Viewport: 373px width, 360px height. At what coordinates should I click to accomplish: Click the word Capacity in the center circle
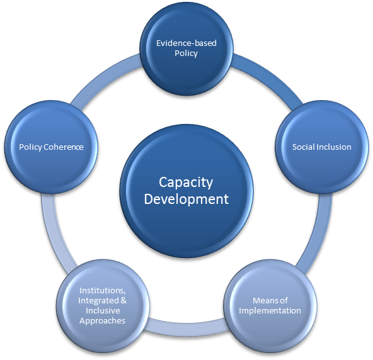[186, 183]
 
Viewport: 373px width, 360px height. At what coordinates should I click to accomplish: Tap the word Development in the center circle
[186, 200]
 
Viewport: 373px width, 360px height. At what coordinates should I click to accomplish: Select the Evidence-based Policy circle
[186, 48]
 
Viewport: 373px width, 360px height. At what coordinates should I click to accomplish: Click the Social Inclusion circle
[321, 147]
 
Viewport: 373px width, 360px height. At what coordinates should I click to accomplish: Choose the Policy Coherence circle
[51, 147]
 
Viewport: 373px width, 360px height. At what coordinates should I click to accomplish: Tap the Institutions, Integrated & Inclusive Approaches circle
[102, 305]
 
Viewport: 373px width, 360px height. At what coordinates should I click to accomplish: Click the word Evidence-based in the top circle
[186, 43]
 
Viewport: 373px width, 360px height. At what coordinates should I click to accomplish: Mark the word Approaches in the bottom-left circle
[102, 321]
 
